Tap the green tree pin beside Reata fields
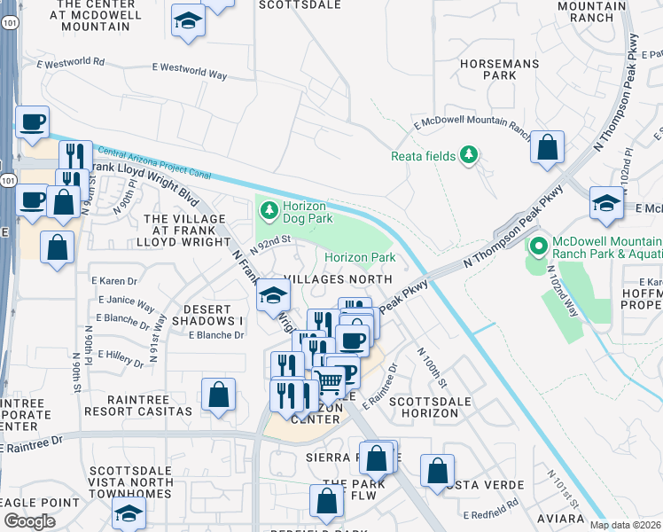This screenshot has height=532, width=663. [468, 156]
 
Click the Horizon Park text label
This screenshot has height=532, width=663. [359, 258]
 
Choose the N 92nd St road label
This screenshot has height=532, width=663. [270, 244]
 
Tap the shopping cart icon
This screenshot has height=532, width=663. [329, 383]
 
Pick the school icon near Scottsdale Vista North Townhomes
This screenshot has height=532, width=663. [129, 512]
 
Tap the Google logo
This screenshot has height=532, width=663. [30, 521]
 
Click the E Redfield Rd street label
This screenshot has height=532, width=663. [490, 513]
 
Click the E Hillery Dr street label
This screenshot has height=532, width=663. [121, 356]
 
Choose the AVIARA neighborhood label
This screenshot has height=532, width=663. [553, 518]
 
